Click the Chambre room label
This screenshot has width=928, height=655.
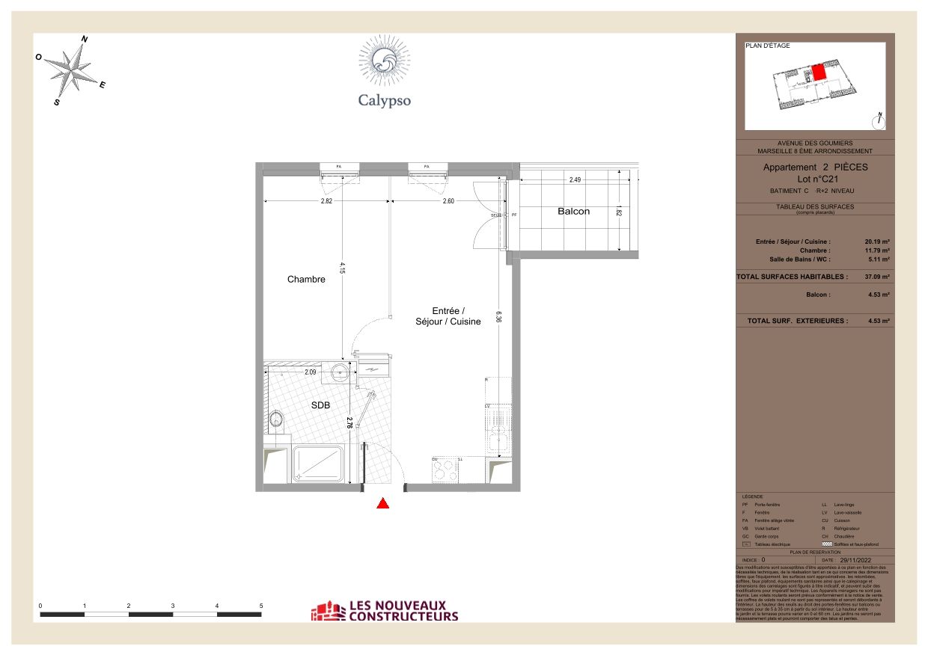coord(306,280)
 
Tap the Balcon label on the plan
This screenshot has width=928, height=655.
coord(573,212)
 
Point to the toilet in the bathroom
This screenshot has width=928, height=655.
coord(277,421)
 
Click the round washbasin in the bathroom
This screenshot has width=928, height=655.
coord(342,372)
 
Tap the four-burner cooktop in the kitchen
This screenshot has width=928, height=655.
coord(446,471)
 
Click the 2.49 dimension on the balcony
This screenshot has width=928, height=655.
coord(575,180)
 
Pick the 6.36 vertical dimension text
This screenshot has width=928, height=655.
coord(498,317)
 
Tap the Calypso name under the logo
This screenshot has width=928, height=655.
coord(384,100)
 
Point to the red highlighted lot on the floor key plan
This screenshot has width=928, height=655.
coord(818,73)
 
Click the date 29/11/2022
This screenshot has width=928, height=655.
coord(856,559)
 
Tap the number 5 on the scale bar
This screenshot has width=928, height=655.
coord(261,606)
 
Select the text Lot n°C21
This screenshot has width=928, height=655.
coord(815,179)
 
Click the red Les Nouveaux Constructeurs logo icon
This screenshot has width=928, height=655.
coord(326,612)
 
